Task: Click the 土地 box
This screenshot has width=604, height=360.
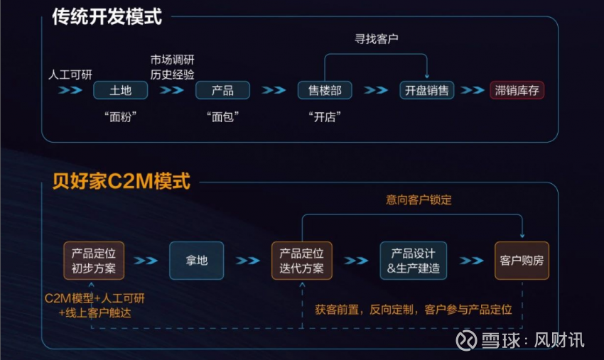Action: (x=121, y=90)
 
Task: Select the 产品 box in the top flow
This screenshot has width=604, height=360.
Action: (x=222, y=90)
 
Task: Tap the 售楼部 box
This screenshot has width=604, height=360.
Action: (x=325, y=90)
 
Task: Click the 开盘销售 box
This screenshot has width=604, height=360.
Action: (x=427, y=90)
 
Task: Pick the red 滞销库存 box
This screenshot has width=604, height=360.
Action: (x=517, y=90)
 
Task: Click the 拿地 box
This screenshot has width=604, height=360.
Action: (x=196, y=261)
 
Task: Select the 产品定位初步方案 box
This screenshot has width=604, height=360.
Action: (x=94, y=261)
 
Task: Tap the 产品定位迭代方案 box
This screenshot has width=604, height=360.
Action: (x=301, y=261)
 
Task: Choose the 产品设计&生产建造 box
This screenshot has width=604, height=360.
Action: (x=414, y=261)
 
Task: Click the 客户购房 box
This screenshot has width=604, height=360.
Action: (x=522, y=261)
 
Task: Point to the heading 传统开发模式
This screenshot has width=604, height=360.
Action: (x=107, y=17)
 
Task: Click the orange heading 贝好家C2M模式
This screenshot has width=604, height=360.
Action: (x=122, y=181)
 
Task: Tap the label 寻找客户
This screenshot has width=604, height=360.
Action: (x=377, y=39)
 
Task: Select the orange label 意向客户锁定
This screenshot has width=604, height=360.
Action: (x=419, y=200)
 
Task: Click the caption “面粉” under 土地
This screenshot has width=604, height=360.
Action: (x=121, y=116)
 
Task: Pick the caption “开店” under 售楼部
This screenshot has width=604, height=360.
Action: (x=325, y=116)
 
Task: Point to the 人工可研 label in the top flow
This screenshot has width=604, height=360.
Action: (x=70, y=75)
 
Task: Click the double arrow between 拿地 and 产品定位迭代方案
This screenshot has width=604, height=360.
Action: (x=248, y=261)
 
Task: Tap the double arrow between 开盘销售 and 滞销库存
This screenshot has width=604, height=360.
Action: (x=473, y=90)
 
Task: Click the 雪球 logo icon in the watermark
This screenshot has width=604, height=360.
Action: (x=466, y=340)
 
